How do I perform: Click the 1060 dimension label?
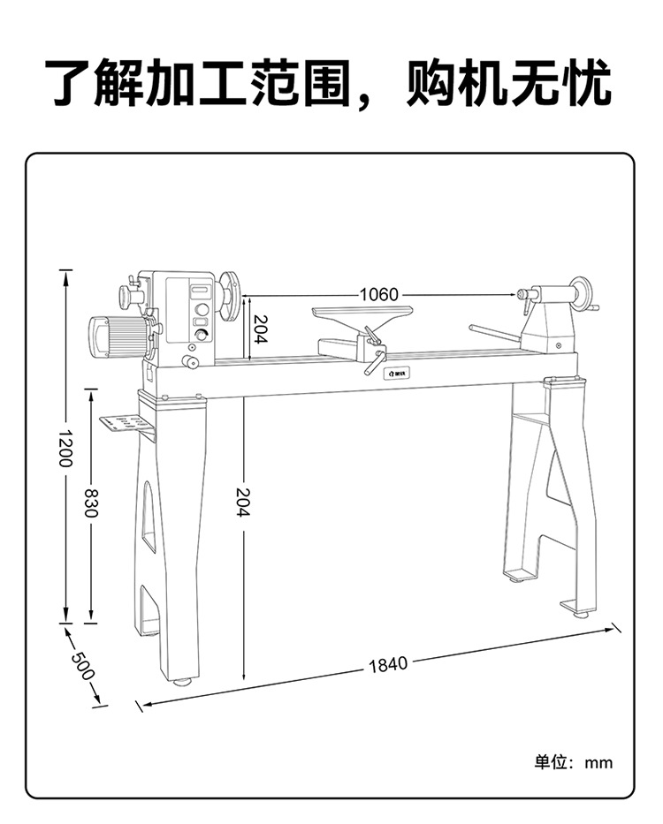tap(378, 294)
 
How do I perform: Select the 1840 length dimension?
tap(388, 664)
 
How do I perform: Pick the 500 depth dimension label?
tap(81, 664)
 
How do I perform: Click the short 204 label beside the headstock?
tap(260, 329)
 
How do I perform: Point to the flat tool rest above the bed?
tap(362, 310)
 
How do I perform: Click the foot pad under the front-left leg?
tap(182, 681)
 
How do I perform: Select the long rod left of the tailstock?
tap(495, 333)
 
